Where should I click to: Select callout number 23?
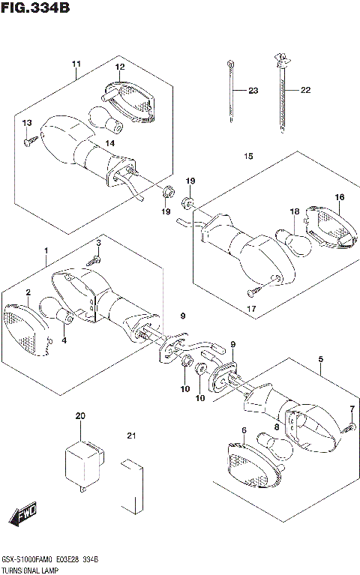(253, 90)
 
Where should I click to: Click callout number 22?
(305, 90)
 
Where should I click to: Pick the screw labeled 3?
(94, 261)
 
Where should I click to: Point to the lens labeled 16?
(331, 228)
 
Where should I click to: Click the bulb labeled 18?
(293, 242)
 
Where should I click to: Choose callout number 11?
(76, 64)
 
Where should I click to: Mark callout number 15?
(248, 156)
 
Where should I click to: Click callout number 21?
(131, 436)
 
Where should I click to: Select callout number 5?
(321, 359)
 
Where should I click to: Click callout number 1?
(46, 250)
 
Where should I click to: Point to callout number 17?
(251, 309)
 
